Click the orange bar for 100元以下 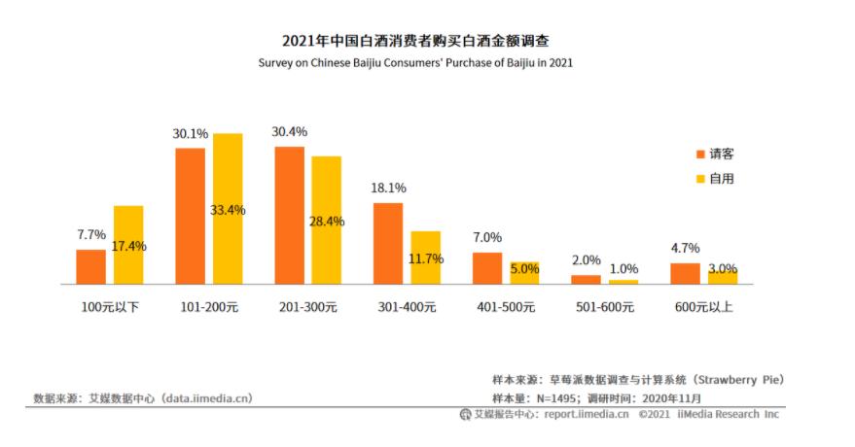pos(90,266)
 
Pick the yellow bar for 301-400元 pos(425,258)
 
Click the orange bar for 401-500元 pos(487,268)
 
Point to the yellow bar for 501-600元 pos(623,282)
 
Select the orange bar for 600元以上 pos(685,273)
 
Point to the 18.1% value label pos(388,189)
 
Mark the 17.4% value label pos(128,246)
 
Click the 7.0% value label pos(487,238)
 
